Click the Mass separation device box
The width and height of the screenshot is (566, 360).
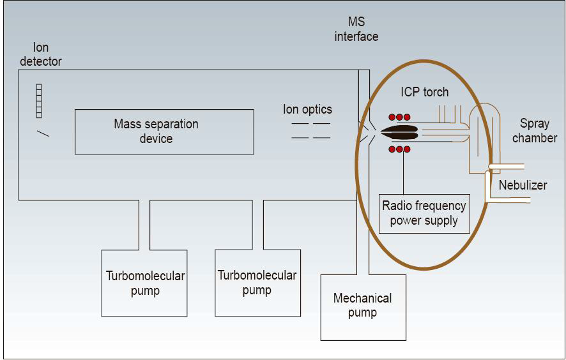click(x=164, y=131)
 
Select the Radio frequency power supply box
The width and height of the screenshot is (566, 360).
click(x=424, y=214)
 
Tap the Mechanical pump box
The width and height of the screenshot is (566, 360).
click(x=363, y=307)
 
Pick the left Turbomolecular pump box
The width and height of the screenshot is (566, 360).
click(x=145, y=283)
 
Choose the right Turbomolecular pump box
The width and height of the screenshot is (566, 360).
click(x=257, y=283)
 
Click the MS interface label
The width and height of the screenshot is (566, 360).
click(x=356, y=30)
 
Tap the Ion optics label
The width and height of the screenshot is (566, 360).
click(x=307, y=109)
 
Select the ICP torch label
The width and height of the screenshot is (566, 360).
click(x=425, y=92)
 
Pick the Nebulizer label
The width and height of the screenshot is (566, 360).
click(x=523, y=185)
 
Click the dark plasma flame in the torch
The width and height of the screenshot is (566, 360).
click(x=399, y=133)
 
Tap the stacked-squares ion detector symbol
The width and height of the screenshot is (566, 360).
click(x=39, y=100)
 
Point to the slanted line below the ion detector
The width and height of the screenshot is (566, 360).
click(x=42, y=133)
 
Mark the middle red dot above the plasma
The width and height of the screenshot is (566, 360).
click(x=399, y=117)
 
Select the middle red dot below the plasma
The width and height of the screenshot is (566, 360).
click(x=399, y=149)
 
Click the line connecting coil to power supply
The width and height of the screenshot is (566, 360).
click(x=404, y=172)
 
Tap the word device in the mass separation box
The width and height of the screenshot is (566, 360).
click(x=156, y=138)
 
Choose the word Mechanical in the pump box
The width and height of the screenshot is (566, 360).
click(x=362, y=298)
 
